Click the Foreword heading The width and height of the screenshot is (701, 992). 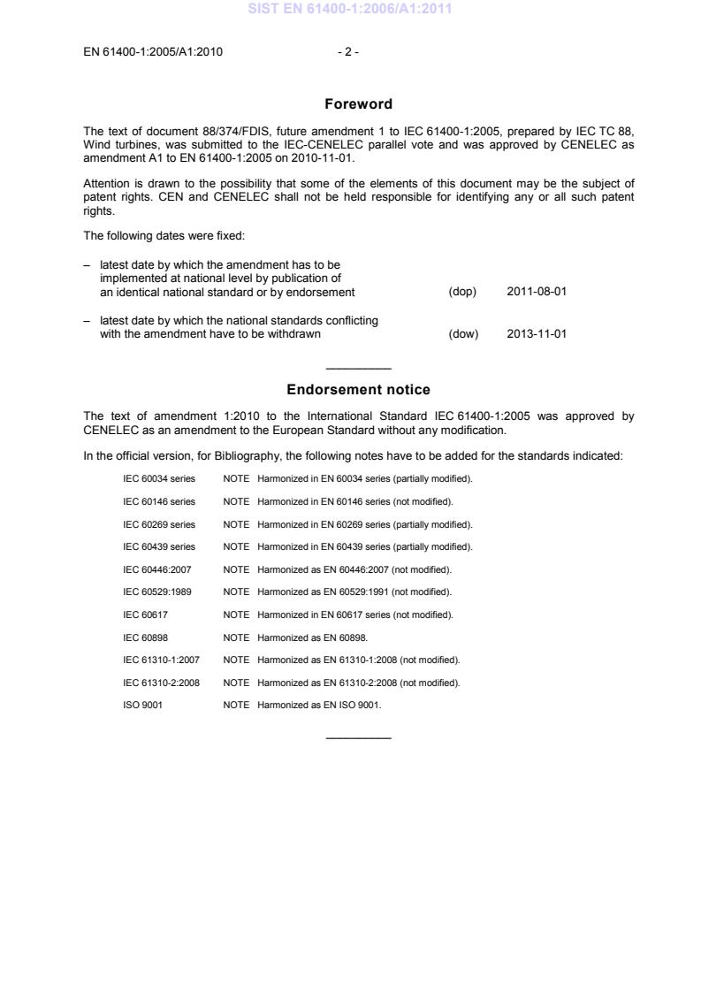tap(358, 104)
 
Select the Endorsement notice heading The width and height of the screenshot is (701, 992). tap(358, 390)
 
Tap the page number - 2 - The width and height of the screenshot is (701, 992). tap(348, 51)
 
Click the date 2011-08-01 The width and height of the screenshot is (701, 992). tap(537, 292)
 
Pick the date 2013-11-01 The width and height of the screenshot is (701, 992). tap(537, 334)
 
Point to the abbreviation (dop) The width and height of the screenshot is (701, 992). tap(463, 292)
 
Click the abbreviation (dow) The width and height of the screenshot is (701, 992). tap(463, 334)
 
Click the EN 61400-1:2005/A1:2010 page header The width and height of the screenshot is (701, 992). tap(152, 51)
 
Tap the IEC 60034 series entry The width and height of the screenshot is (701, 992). tap(159, 478)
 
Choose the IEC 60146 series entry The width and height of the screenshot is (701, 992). tap(159, 501)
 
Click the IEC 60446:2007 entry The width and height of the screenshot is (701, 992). tap(156, 569)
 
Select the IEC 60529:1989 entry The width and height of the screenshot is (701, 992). tap(156, 591)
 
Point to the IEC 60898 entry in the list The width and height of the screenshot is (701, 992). tap(147, 637)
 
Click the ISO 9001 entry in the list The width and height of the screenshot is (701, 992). tap(141, 705)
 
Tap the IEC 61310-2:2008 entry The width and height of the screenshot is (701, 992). tap(161, 683)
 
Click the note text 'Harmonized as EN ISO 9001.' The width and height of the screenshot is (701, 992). tap(319, 705)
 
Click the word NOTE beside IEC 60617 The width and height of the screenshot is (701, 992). tap(237, 614)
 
